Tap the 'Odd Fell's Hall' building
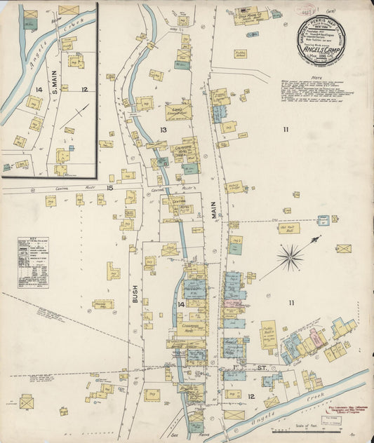[288, 228]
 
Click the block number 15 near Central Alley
[109, 187]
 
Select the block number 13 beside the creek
[163, 130]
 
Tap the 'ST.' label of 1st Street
[261, 367]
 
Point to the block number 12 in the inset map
[84, 89]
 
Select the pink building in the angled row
[316, 338]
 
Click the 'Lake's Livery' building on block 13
[178, 111]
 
